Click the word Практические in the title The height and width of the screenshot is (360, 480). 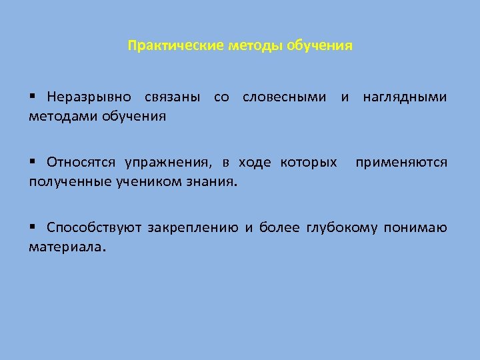pyautogui.click(x=176, y=47)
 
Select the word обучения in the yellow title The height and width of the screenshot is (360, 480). pyautogui.click(x=319, y=47)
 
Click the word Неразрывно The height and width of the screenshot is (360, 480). pyautogui.click(x=89, y=97)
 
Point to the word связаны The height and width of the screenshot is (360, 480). pyautogui.click(x=172, y=97)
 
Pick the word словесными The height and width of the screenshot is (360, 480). pyautogui.click(x=285, y=97)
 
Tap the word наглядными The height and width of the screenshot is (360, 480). pyautogui.click(x=405, y=97)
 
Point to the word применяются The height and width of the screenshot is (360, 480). pyautogui.click(x=401, y=163)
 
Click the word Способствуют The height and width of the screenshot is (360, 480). pyautogui.click(x=94, y=228)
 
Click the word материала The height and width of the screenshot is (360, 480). pyautogui.click(x=67, y=247)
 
